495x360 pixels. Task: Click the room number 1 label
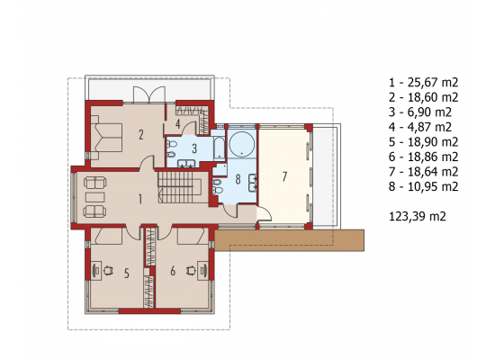click(139, 199)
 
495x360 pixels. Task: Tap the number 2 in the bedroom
click(140, 135)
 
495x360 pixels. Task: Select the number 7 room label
click(284, 176)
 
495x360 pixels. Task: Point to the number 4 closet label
click(177, 124)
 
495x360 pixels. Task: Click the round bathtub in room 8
click(241, 144)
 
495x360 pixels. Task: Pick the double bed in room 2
click(106, 137)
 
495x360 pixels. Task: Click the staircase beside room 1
click(179, 187)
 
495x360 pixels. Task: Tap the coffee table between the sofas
click(95, 197)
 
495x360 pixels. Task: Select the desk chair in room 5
click(108, 270)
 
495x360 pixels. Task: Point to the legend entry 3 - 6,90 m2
click(420, 112)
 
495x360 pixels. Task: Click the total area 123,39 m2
click(418, 216)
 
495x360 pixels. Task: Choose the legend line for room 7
click(423, 172)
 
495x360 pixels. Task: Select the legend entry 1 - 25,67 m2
click(423, 83)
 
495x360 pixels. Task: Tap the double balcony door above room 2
click(149, 94)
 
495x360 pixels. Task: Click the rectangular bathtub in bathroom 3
click(219, 148)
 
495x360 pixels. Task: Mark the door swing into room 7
click(265, 214)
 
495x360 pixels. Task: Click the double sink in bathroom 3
click(186, 163)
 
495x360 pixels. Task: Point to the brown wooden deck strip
click(290, 240)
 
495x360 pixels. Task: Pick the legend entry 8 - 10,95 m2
click(423, 186)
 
